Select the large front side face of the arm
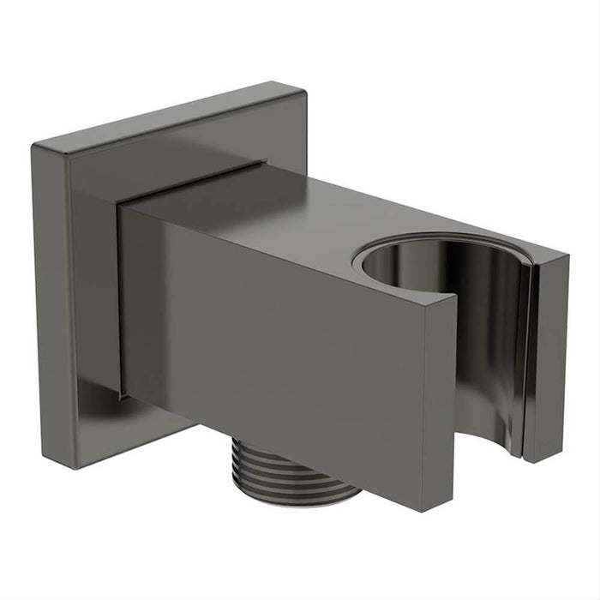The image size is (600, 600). point(283,343)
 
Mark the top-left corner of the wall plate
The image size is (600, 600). point(35,146)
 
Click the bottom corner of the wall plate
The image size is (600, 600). point(78,468)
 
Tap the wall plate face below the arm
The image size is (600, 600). point(154,429)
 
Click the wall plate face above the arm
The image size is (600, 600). point(171,146)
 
